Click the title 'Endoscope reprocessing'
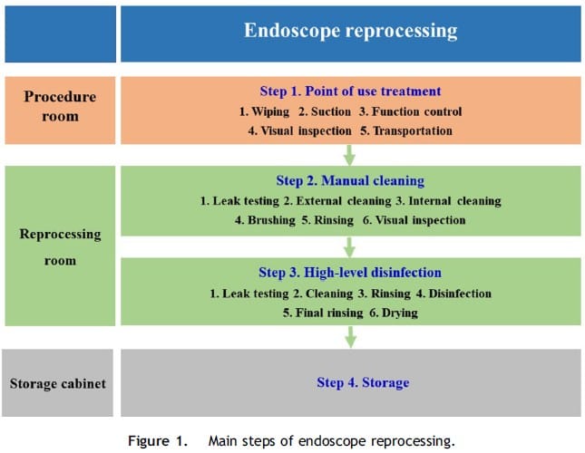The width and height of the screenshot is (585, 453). (350, 31)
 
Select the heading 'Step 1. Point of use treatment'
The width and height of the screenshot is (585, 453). (350, 92)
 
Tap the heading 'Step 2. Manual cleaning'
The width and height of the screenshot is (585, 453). (350, 180)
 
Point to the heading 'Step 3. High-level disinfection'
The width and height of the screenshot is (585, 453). (350, 273)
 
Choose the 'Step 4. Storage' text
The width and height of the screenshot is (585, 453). (363, 382)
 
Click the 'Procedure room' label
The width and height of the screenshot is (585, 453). (60, 107)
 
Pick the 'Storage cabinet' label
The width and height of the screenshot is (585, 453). (58, 384)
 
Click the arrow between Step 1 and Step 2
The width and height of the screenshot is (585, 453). (349, 155)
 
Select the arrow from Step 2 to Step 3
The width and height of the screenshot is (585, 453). (349, 247)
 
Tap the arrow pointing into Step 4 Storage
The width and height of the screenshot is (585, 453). (350, 337)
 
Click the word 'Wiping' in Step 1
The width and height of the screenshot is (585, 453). (270, 111)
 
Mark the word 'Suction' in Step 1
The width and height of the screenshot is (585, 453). (331, 111)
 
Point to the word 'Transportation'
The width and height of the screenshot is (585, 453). (413, 130)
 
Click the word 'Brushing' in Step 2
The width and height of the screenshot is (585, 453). (271, 220)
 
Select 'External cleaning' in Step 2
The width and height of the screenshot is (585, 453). (344, 201)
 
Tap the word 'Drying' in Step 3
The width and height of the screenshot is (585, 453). (400, 313)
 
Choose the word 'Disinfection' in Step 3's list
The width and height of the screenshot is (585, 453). (460, 294)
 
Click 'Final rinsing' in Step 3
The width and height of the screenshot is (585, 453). (329, 313)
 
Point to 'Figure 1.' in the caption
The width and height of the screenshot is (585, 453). (158, 441)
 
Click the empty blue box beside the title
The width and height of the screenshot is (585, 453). (61, 34)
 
